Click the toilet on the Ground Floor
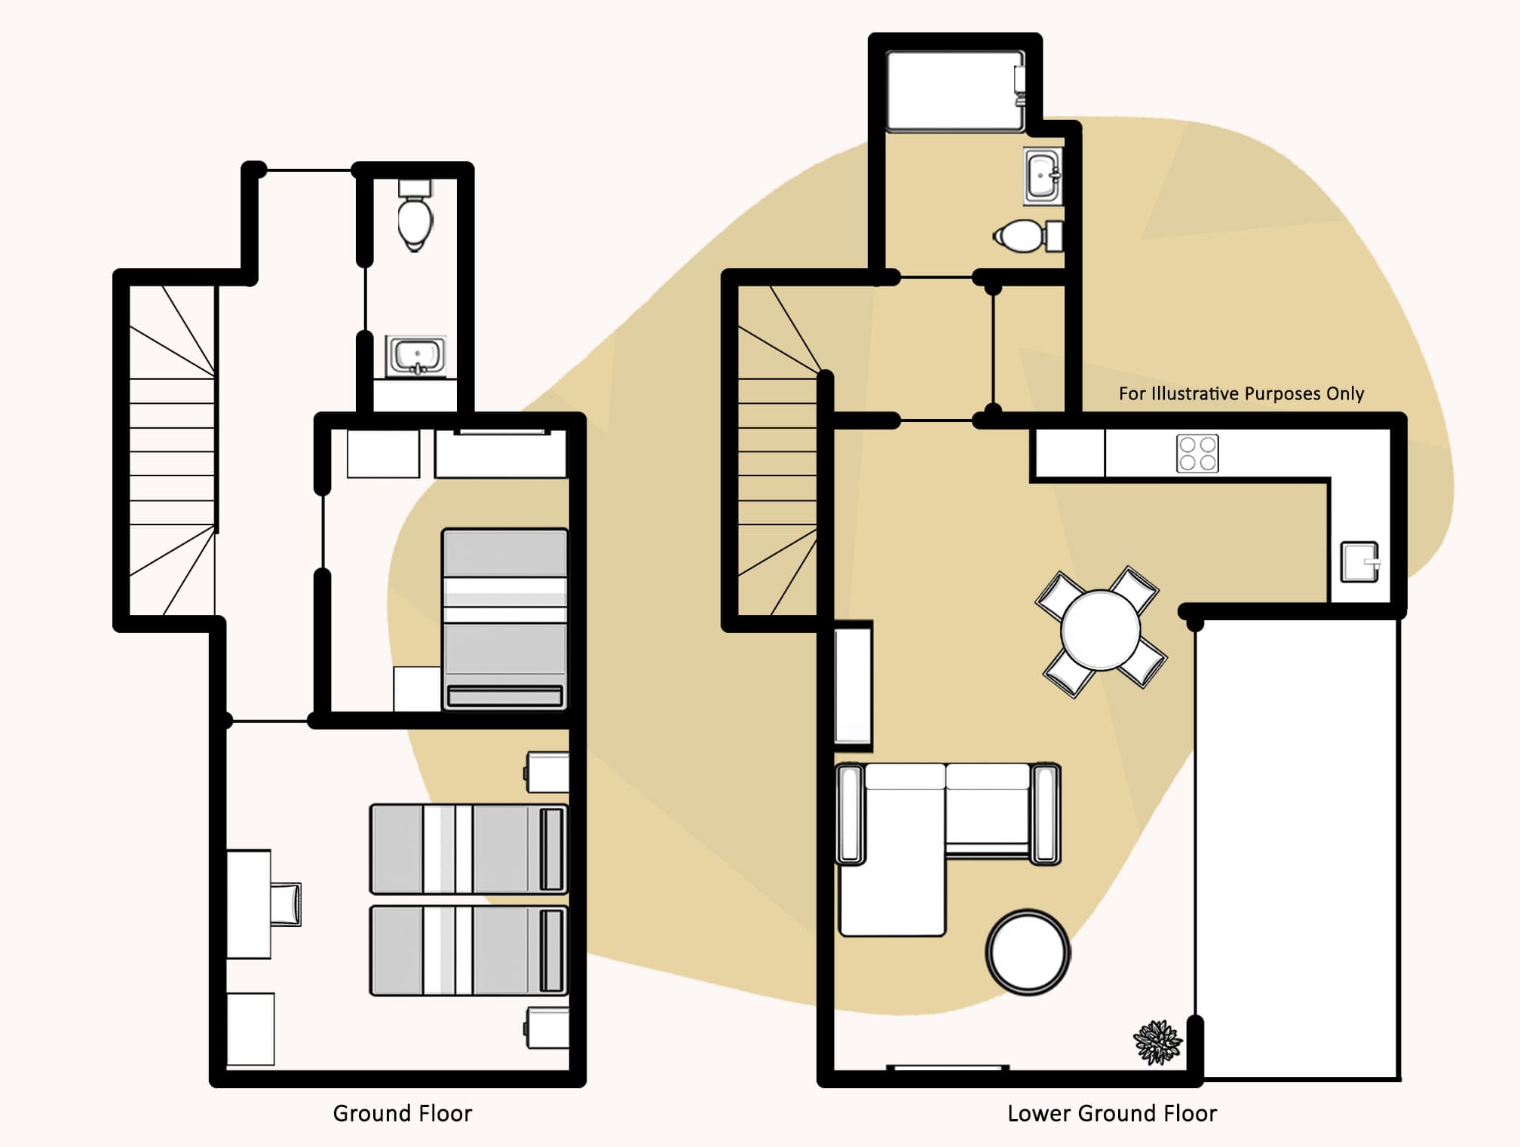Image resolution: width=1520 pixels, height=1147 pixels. click(x=415, y=217)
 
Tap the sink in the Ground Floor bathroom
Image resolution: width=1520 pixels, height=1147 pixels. click(x=415, y=355)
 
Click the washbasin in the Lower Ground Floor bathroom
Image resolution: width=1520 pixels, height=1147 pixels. click(x=1043, y=176)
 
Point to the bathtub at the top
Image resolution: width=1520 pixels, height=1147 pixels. click(x=955, y=90)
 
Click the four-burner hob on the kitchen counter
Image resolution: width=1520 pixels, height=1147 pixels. click(x=1197, y=454)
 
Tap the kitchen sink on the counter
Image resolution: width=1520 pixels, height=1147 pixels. click(x=1359, y=562)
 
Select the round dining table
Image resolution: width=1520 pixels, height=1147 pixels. click(x=1100, y=631)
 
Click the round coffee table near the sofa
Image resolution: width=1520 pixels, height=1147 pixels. click(x=1028, y=953)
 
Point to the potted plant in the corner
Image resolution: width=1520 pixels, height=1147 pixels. click(x=1157, y=1042)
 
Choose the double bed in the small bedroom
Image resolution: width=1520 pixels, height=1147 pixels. click(x=504, y=618)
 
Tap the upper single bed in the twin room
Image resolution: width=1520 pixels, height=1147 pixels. click(x=467, y=849)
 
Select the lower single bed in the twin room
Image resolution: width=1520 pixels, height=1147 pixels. click(x=467, y=950)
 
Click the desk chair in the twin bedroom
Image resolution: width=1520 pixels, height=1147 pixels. click(x=287, y=904)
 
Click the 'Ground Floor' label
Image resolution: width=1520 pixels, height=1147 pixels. click(x=402, y=1113)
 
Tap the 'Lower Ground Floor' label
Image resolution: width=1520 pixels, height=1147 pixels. click(x=1111, y=1113)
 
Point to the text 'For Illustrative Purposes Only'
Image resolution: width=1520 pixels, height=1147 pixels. click(x=1241, y=393)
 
